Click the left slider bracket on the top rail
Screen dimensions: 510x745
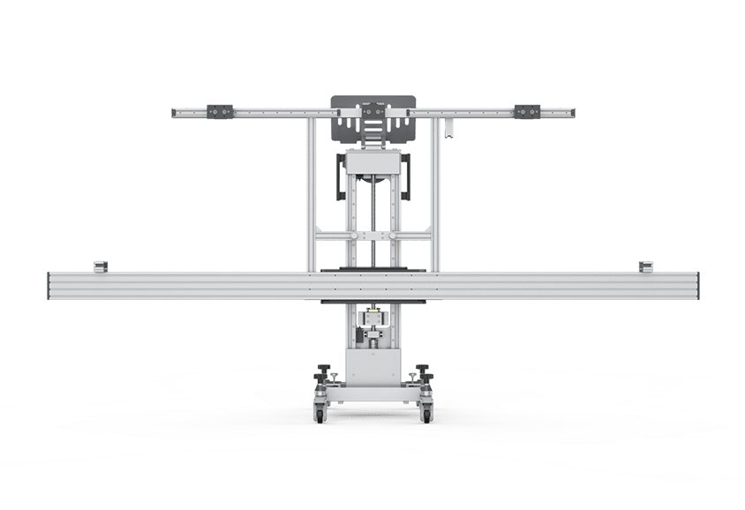click(x=218, y=111)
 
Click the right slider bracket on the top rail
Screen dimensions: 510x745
click(x=528, y=111)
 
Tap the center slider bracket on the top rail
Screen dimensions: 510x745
click(x=372, y=112)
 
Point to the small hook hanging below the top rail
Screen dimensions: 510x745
click(x=449, y=131)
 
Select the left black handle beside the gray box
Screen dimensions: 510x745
click(x=339, y=180)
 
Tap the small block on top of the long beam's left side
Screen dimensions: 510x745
click(x=100, y=266)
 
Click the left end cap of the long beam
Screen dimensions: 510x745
click(x=50, y=288)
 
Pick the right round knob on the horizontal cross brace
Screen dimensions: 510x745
click(x=389, y=236)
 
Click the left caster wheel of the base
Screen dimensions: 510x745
click(x=320, y=411)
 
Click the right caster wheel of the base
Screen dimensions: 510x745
click(x=426, y=411)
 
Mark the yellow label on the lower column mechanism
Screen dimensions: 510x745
click(x=372, y=314)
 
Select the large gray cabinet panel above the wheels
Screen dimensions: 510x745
click(x=372, y=371)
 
